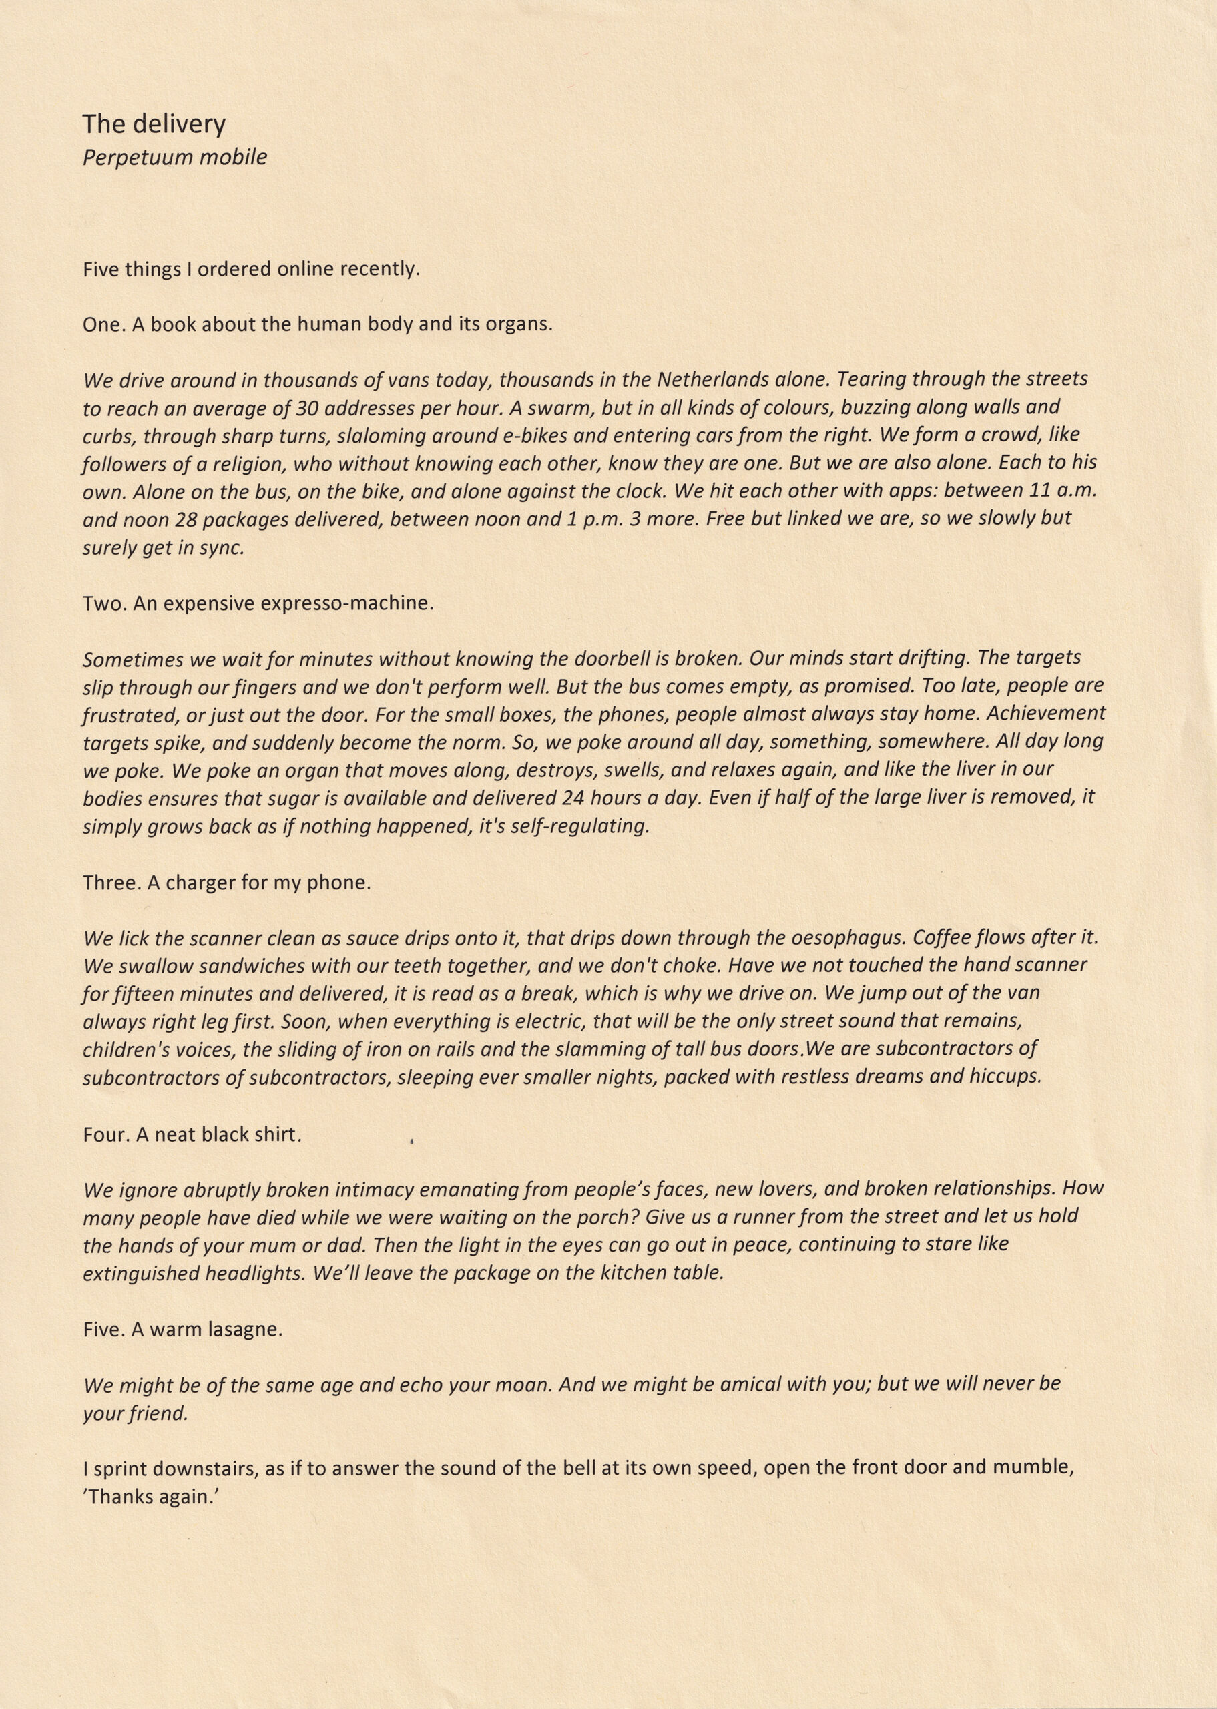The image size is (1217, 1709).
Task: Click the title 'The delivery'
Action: coord(154,124)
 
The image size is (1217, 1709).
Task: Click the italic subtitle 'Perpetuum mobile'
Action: coord(175,158)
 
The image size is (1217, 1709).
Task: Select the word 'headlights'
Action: coord(254,1274)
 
